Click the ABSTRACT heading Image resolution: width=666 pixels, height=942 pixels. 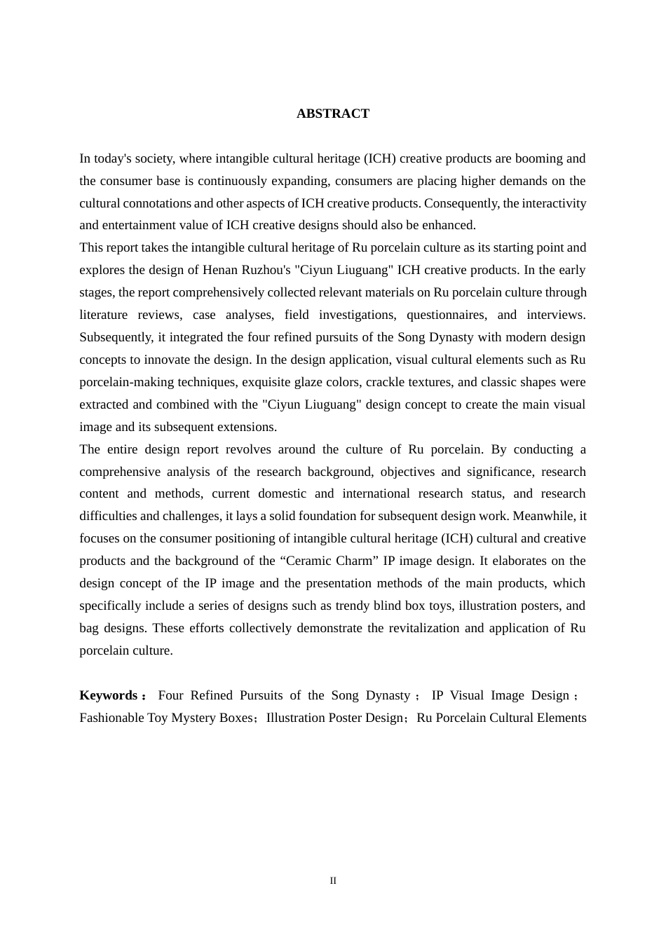click(x=332, y=114)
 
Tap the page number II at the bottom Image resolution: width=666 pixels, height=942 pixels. click(x=333, y=880)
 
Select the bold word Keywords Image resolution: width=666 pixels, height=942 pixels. click(x=109, y=695)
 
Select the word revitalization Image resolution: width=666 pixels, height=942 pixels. click(x=428, y=628)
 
